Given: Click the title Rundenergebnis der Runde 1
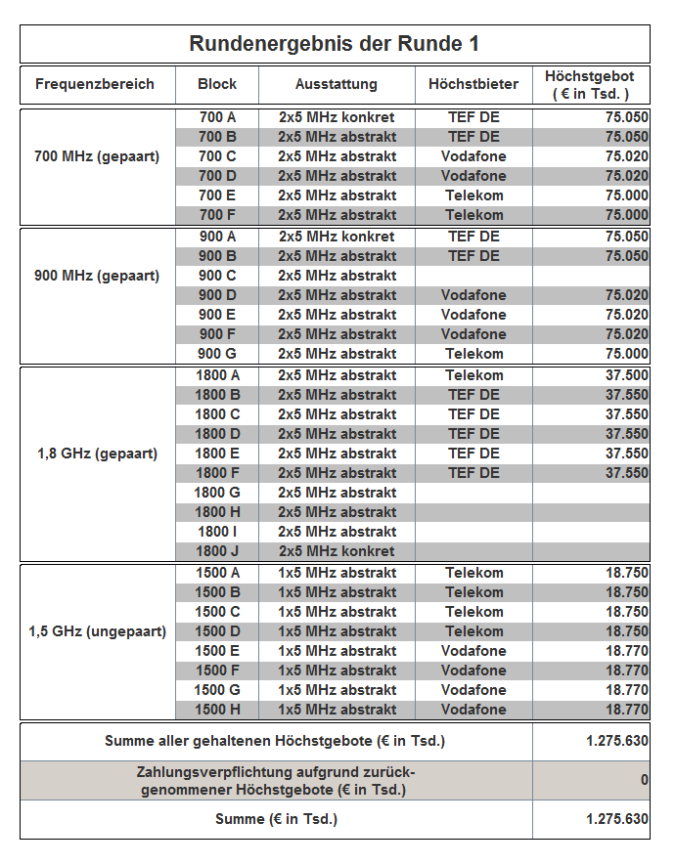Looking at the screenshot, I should coord(335,45).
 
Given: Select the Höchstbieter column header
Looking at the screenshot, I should coord(473,84).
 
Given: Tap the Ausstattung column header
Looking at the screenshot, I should coord(337,84).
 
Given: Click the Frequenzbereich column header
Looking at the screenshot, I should coord(95,84).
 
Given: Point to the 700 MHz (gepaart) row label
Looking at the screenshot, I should coord(97,156).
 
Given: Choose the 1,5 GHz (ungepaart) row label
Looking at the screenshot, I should coord(97,631).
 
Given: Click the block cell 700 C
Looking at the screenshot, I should coord(217,156).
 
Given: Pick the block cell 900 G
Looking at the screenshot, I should coord(217,354).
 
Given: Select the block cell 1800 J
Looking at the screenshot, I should coord(217,551).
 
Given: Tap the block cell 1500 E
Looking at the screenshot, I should coord(217,651).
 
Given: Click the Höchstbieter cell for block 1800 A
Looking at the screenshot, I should coord(473,375).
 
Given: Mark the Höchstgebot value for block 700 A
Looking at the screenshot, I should coord(626,117).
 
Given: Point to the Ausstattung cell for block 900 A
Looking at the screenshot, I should coord(337,237).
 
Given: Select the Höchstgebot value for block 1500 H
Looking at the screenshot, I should coord(626,710).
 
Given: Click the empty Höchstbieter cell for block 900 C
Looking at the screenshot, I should coord(473,276).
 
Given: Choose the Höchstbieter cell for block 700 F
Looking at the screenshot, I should coord(473,215).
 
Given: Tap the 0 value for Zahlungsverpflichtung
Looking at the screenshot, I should coord(644,780).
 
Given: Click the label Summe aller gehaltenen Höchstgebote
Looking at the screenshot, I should coord(275,741).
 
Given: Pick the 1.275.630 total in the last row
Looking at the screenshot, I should coord(617,819).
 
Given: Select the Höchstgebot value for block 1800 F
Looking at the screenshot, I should coord(626,473).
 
